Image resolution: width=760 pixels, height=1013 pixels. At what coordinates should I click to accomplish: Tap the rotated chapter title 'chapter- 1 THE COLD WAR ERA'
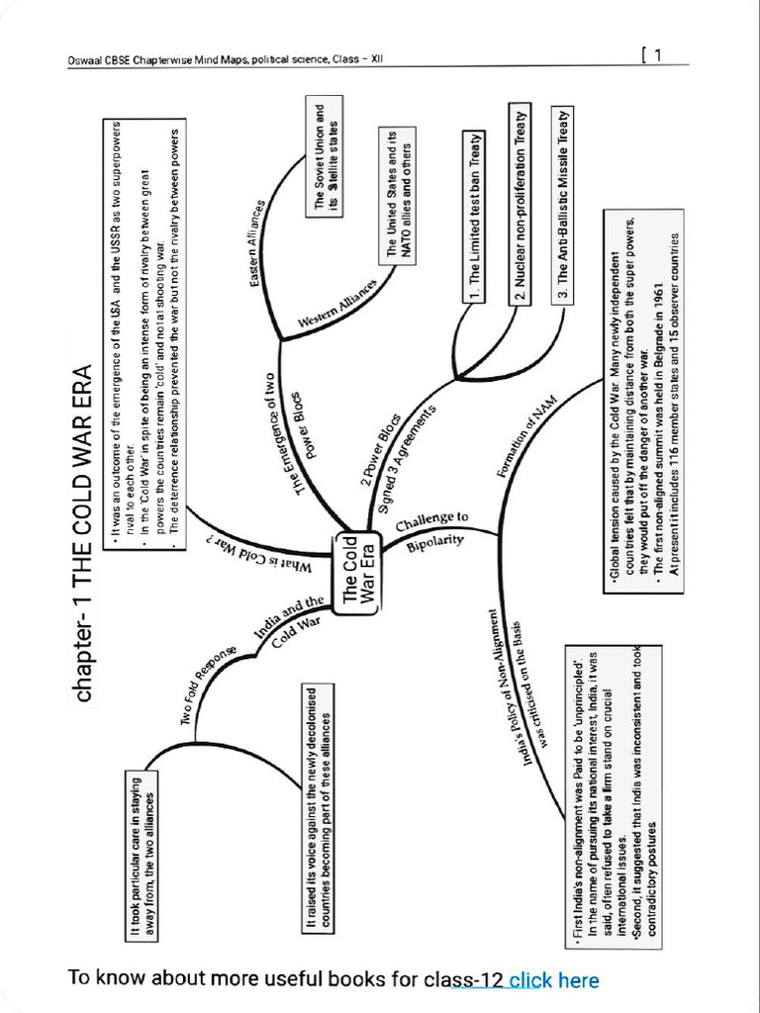click(84, 534)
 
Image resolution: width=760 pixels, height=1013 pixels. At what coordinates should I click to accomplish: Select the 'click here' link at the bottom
click(554, 980)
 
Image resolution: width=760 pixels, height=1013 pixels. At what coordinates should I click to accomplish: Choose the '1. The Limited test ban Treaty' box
click(475, 217)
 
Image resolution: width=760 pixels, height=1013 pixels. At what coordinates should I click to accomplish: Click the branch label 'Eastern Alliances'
click(258, 243)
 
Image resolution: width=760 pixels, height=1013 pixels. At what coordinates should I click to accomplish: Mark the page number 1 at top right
click(656, 55)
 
